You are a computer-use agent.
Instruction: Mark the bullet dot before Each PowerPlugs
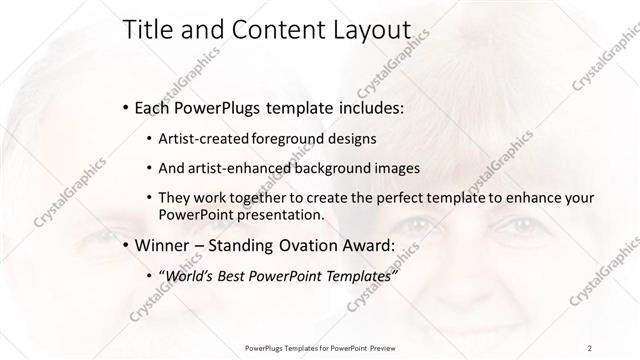pyautogui.click(x=124, y=107)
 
